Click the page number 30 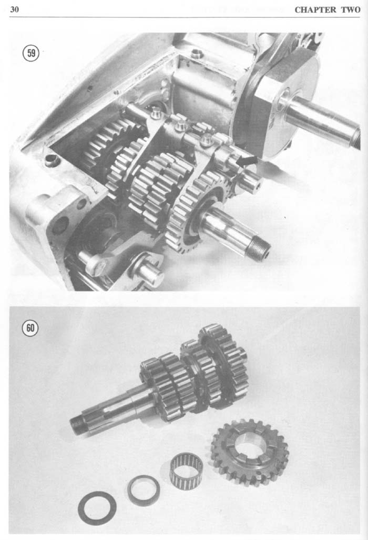14,9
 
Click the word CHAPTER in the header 315,9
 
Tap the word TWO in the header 351,9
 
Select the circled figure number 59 31,53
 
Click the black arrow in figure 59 248,161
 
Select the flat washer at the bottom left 97,507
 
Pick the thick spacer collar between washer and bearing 144,490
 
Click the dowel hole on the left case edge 52,159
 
